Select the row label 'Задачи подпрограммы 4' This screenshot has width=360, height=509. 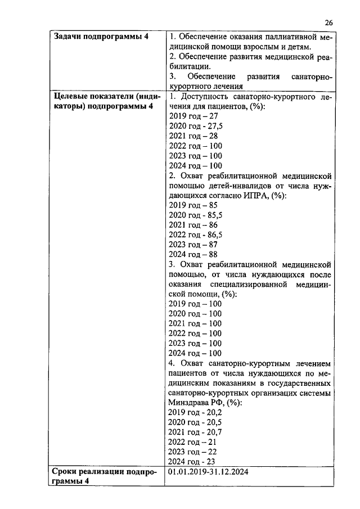(101, 37)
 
